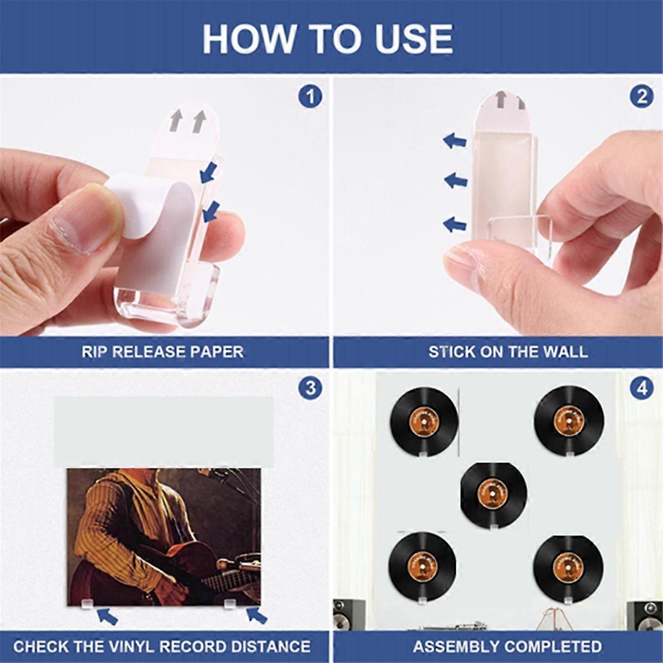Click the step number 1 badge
(x=311, y=97)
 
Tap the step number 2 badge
(x=641, y=97)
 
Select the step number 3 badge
(x=311, y=387)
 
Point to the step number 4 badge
(x=641, y=387)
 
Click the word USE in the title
(x=407, y=39)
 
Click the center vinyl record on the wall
(x=493, y=493)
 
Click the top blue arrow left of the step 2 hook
(x=455, y=140)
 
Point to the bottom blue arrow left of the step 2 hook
(x=455, y=224)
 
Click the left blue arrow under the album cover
(x=108, y=615)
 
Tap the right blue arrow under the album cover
(x=256, y=615)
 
